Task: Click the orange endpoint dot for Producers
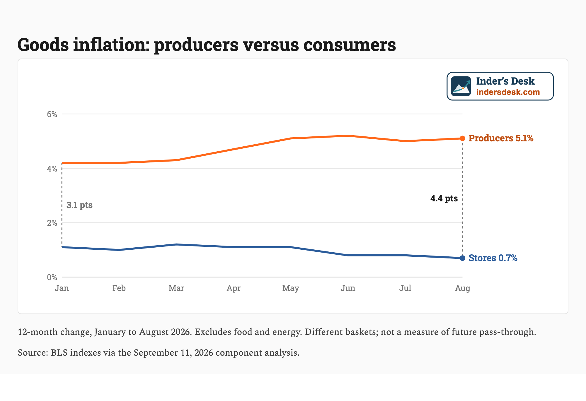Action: click(462, 138)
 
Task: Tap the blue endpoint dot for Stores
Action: click(462, 258)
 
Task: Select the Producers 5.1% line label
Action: click(501, 138)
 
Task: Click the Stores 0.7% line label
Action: click(493, 258)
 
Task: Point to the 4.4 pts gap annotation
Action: click(444, 198)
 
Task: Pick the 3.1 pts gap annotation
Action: click(79, 205)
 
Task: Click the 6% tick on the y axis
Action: click(52, 114)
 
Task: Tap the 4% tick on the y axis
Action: click(52, 169)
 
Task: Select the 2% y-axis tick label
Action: click(52, 223)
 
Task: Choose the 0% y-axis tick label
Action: click(52, 277)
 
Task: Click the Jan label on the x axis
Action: click(62, 288)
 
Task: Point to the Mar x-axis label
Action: click(176, 288)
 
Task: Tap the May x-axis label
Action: click(291, 289)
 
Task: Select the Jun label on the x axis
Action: click(348, 288)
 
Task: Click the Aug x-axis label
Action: click(462, 289)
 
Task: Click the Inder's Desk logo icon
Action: click(461, 86)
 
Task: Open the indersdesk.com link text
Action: click(508, 92)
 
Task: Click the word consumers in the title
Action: click(350, 45)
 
